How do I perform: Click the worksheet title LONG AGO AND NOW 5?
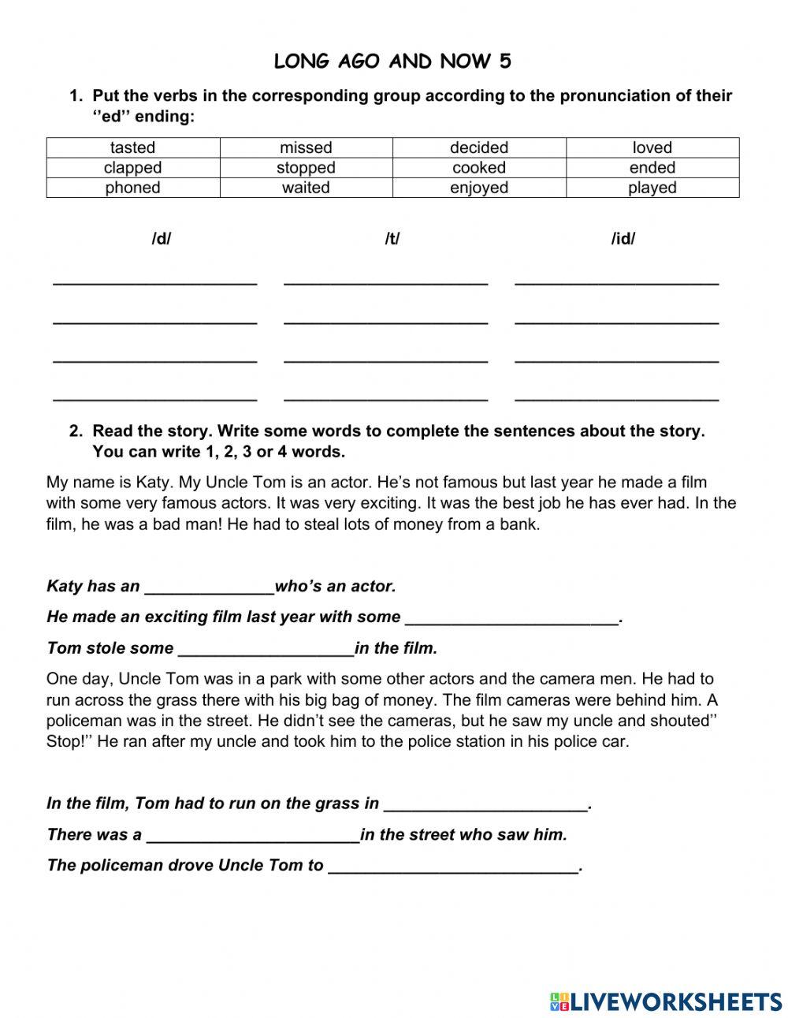392,62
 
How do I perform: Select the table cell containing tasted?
133,147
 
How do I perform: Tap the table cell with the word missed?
306,147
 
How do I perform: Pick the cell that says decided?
479,147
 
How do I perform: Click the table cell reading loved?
652,147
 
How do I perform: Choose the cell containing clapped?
133,167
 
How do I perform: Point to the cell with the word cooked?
479,167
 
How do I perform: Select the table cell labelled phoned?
133,188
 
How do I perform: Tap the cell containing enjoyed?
479,188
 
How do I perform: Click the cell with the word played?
652,188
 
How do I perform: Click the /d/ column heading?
161,239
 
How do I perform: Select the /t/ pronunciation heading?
392,239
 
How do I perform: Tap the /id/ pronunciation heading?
623,239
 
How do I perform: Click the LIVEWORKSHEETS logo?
666,1001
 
